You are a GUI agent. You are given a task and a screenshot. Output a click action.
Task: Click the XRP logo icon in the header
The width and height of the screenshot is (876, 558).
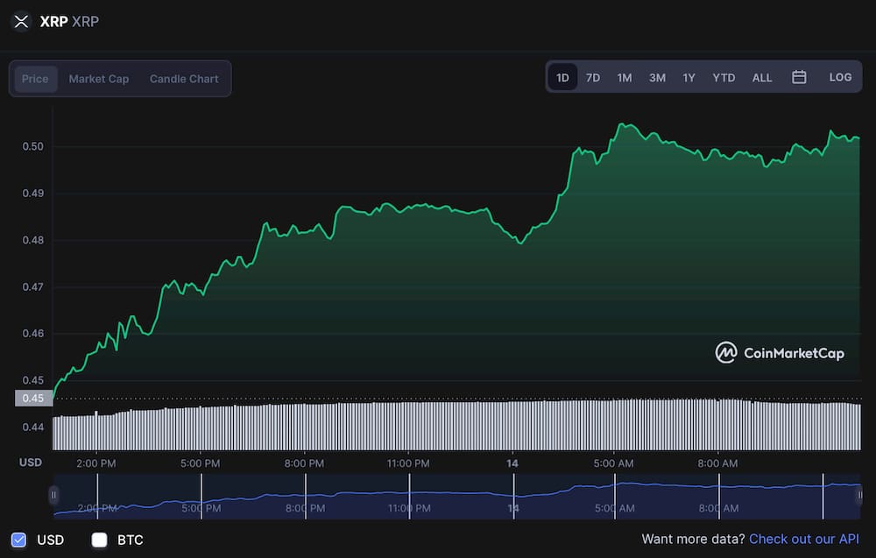point(21,21)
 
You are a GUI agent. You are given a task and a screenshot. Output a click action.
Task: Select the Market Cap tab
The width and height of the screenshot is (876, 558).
point(99,79)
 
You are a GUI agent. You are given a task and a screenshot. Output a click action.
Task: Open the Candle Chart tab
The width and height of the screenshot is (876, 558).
point(184,79)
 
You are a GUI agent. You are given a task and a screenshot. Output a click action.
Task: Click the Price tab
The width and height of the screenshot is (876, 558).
point(35,79)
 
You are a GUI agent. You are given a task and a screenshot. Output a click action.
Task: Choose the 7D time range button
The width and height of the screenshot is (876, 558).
point(593,77)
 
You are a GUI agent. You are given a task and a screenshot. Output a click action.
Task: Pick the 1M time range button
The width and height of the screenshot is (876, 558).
point(624,77)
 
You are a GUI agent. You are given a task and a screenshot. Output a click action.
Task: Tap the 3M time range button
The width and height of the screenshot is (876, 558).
point(657,77)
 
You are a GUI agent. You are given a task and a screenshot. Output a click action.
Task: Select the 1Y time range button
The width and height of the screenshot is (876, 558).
point(689,77)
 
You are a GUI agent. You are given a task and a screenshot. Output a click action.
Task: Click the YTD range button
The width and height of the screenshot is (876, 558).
point(724,77)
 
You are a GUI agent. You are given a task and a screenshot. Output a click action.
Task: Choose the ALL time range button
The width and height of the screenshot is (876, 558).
point(762,77)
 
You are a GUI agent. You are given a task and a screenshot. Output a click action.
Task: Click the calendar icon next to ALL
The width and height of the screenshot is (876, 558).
point(799,77)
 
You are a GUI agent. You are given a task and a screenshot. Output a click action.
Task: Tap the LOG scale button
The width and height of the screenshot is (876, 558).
point(840,77)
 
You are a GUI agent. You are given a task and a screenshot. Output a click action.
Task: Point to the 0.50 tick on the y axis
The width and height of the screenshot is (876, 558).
point(32,146)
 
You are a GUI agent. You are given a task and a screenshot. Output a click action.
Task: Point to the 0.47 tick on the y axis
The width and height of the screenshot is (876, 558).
point(32,287)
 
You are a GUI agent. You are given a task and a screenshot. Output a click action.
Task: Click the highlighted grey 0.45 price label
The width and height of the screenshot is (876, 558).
point(33,399)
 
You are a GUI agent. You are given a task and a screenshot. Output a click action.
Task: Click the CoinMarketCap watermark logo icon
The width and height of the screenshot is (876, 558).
point(726,353)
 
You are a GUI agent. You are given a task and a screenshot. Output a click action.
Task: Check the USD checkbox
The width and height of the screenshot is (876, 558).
point(18,540)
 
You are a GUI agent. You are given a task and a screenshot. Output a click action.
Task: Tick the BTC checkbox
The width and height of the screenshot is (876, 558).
point(100,540)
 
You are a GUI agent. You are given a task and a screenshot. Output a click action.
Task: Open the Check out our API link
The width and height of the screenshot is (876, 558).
point(803,539)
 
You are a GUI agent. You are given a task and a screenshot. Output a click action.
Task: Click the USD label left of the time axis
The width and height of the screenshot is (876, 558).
point(31,463)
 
